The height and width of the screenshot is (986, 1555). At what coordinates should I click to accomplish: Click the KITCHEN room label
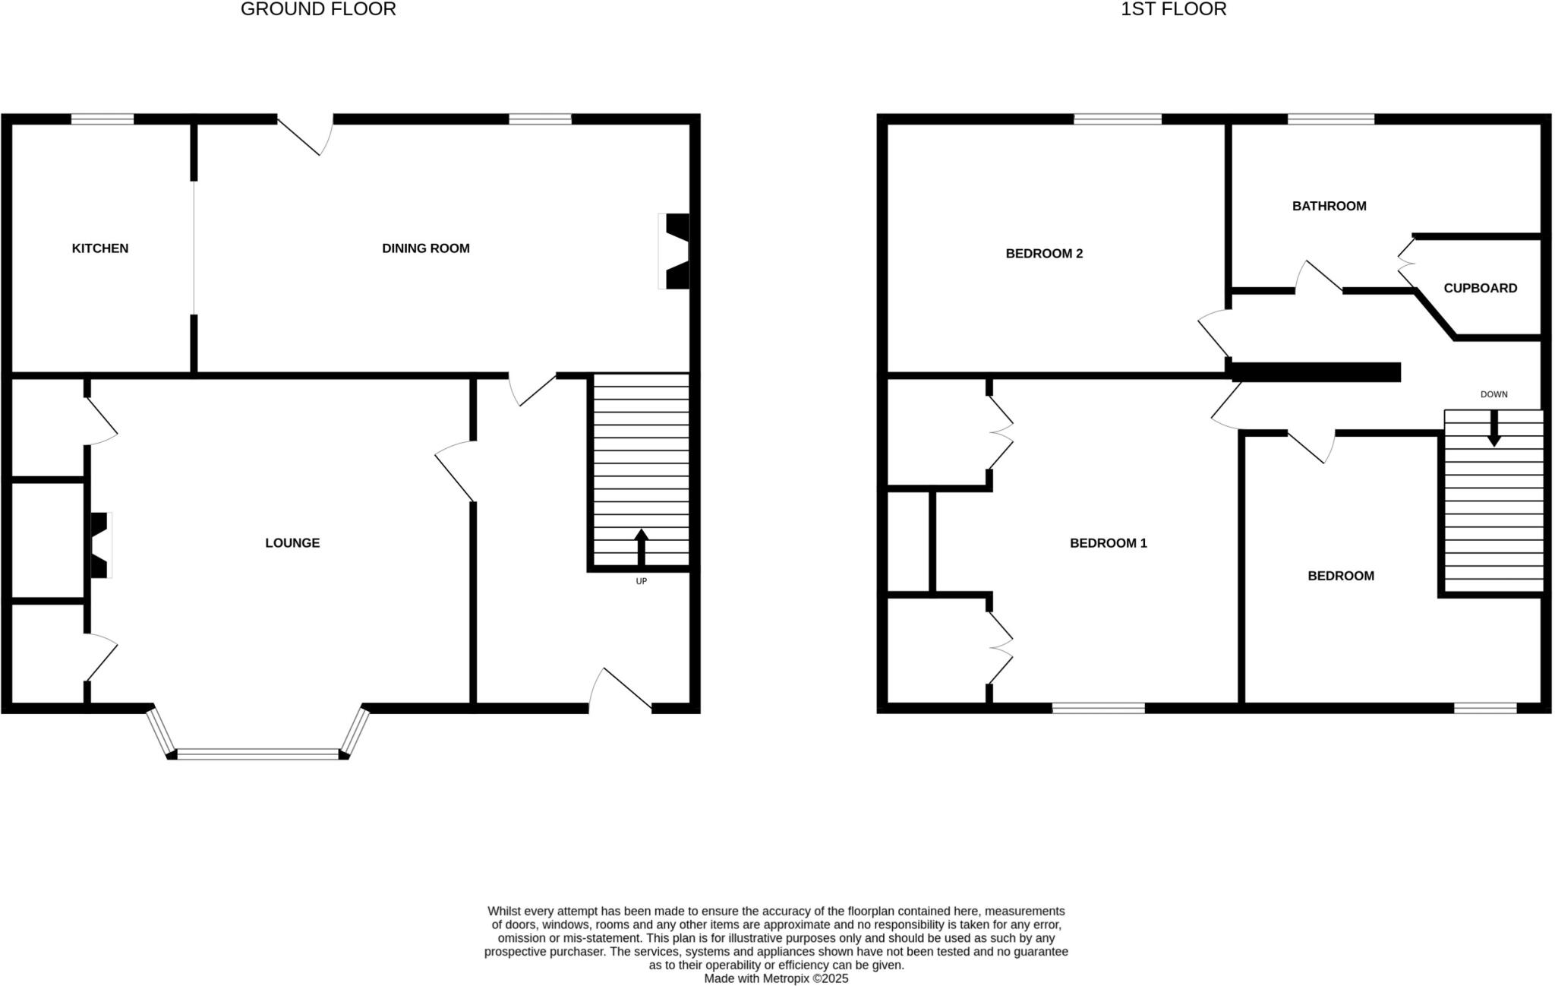[100, 248]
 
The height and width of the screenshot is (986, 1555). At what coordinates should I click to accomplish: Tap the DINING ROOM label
[425, 248]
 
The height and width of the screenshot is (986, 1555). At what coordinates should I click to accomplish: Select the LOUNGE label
[292, 543]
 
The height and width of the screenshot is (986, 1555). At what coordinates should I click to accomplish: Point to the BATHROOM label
[1329, 206]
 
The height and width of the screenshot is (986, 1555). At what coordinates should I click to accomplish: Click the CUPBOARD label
[1480, 289]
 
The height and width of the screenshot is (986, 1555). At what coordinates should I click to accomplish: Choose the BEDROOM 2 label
[1044, 254]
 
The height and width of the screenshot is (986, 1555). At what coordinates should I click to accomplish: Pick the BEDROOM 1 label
[1108, 543]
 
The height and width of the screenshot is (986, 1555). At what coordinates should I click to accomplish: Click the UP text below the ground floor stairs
[641, 582]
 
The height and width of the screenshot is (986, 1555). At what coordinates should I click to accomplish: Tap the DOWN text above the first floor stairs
[1493, 395]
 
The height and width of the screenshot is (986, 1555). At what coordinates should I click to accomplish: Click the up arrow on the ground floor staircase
[641, 547]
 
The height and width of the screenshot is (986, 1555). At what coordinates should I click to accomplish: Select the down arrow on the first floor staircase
[1493, 429]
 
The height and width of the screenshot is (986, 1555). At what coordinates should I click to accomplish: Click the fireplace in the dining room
[675, 251]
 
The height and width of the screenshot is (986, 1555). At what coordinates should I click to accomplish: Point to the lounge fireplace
[99, 545]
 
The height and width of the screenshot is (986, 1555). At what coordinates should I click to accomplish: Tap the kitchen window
[103, 119]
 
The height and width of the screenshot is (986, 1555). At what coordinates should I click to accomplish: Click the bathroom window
[1330, 119]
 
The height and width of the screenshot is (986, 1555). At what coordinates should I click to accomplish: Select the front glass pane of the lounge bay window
[258, 754]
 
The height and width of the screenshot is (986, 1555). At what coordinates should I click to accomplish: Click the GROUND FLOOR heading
[318, 10]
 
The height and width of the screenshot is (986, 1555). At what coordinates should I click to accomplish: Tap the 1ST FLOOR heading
[1173, 10]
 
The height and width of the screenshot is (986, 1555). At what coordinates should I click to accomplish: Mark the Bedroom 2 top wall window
[1117, 119]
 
